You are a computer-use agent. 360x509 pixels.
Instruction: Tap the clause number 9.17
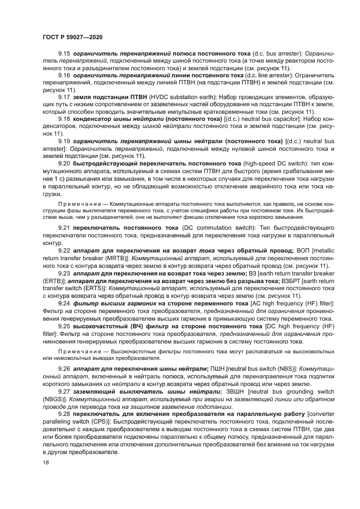[x=64, y=97]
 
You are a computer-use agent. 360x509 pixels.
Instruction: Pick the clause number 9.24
[x=64, y=303]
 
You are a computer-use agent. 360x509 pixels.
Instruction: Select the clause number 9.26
[x=64, y=369]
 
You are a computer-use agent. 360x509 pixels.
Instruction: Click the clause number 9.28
[x=64, y=414]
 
